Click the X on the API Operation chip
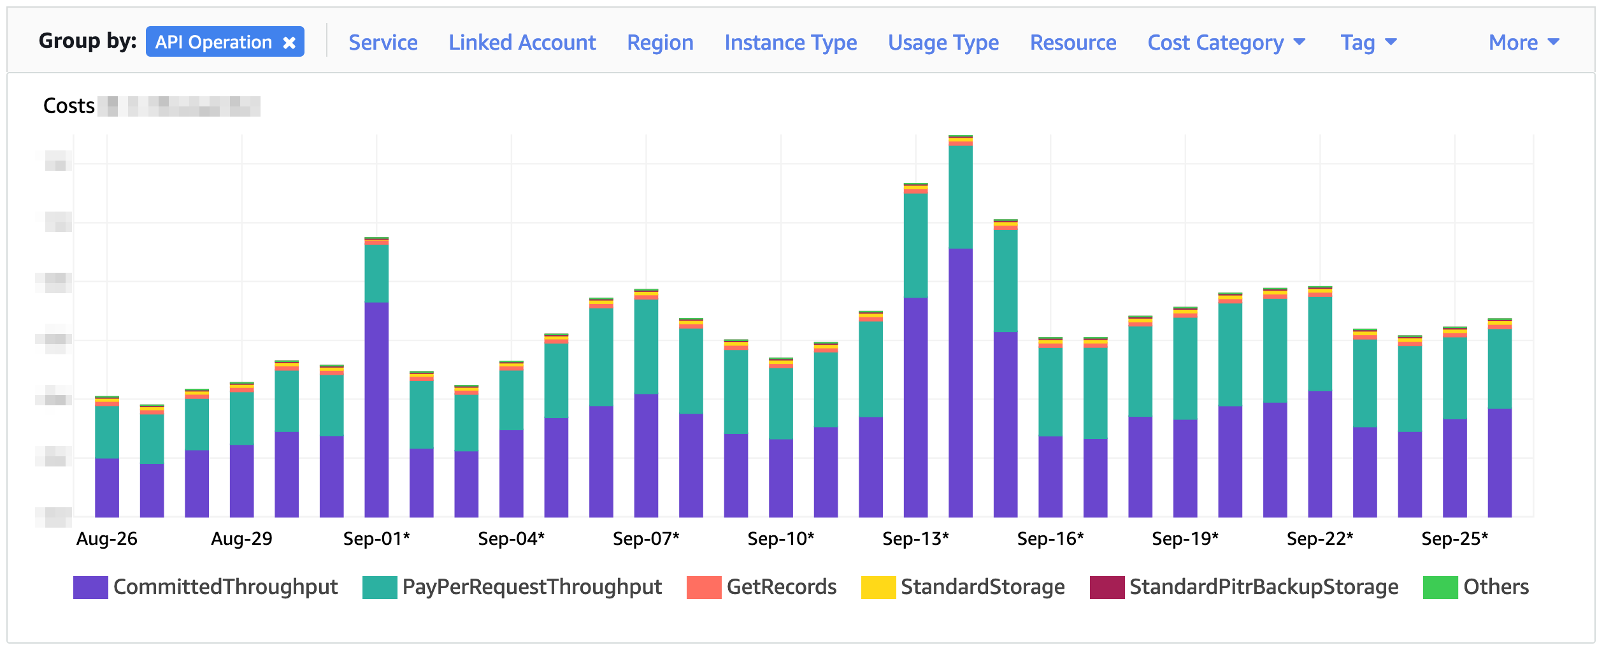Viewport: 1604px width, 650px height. (x=289, y=43)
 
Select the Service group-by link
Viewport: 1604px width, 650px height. (x=383, y=43)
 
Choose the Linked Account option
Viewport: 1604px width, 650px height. (x=522, y=43)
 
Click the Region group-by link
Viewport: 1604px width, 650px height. (x=660, y=43)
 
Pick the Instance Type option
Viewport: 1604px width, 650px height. (x=791, y=43)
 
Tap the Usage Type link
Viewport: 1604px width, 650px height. (x=943, y=43)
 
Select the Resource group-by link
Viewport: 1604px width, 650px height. (x=1073, y=43)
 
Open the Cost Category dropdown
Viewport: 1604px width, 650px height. (x=1226, y=43)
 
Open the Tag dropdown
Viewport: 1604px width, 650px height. (x=1368, y=43)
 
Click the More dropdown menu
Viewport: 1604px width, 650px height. (x=1523, y=43)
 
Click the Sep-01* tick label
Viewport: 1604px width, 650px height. (x=376, y=539)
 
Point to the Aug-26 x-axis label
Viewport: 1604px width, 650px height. (x=107, y=539)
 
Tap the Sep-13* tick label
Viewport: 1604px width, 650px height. (x=915, y=539)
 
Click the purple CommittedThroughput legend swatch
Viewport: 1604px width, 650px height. (x=90, y=588)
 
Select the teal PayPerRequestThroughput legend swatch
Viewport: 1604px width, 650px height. (x=380, y=588)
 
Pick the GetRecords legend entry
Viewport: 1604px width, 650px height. (x=781, y=588)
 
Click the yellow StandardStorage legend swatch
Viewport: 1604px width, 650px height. (x=878, y=588)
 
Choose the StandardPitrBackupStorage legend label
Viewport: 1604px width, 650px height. (x=1263, y=588)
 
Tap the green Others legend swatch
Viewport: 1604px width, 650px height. (x=1440, y=588)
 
